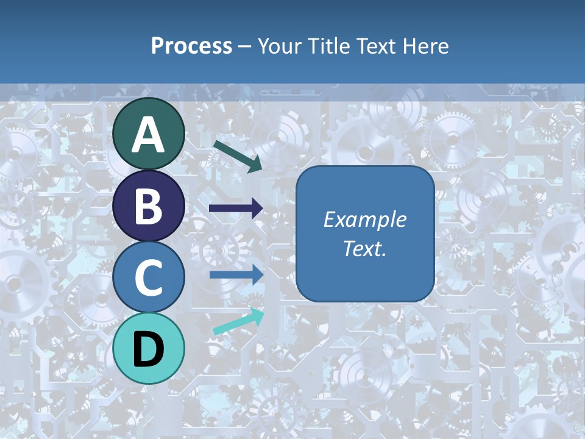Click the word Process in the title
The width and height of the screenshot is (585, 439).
coord(191,46)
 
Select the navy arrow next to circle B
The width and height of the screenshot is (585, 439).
coord(235,209)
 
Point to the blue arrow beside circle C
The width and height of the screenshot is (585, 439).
coord(236,274)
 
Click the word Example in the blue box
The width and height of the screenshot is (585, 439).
coord(364,220)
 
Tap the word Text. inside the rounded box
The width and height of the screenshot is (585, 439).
coord(364,249)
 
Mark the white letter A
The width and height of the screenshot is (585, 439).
coord(149,135)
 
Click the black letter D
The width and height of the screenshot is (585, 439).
coord(149,349)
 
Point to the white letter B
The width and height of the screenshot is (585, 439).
coord(149,207)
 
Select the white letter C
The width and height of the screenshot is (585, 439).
coord(149,278)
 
